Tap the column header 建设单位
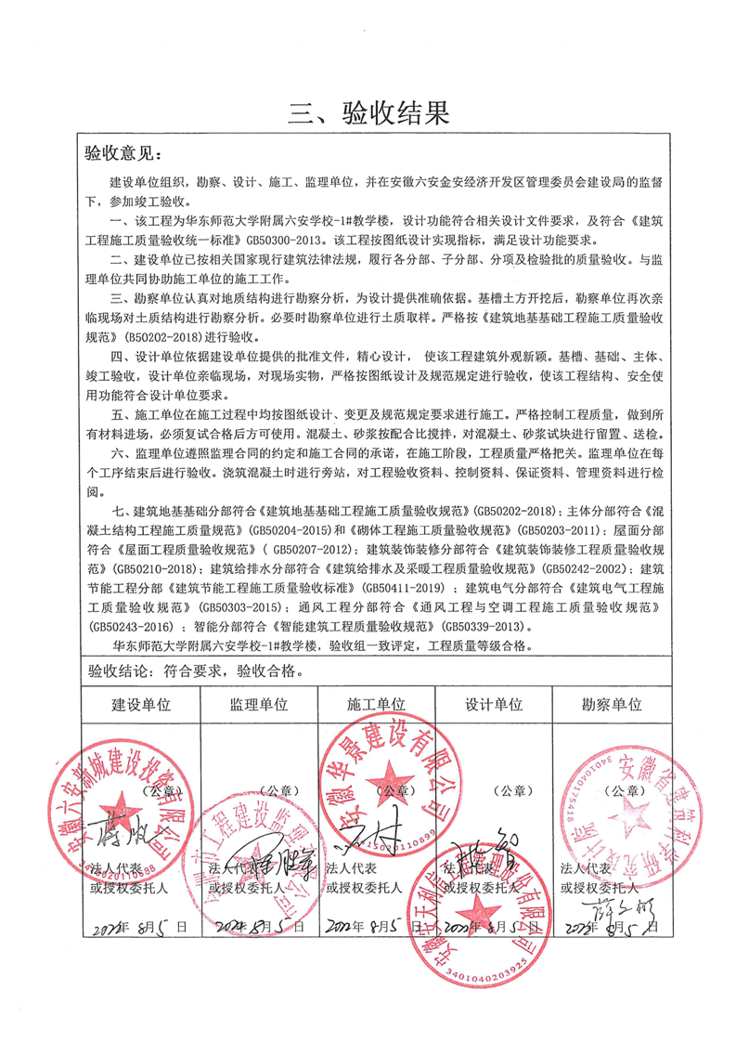tap(142, 704)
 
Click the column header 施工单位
tap(376, 704)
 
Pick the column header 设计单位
tap(493, 704)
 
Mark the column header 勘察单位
tap(610, 704)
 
